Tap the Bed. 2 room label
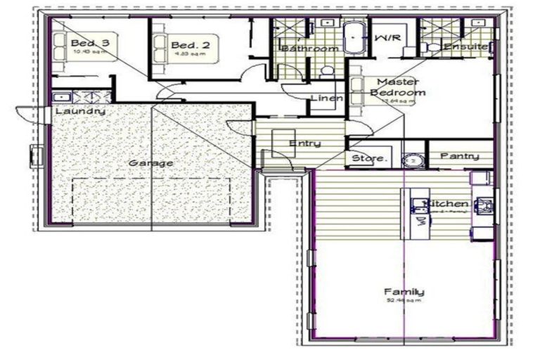pyautogui.click(x=186, y=44)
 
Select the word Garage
pyautogui.click(x=150, y=163)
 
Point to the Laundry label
pyautogui.click(x=79, y=111)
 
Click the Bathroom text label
pyautogui.click(x=310, y=49)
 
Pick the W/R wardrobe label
pyautogui.click(x=386, y=37)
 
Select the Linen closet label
pyautogui.click(x=326, y=98)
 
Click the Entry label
pyautogui.click(x=305, y=143)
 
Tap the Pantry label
pyautogui.click(x=460, y=156)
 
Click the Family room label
pyautogui.click(x=404, y=292)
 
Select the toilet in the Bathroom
pyautogui.click(x=326, y=71)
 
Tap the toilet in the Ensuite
pyautogui.click(x=432, y=47)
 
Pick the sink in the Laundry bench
pyautogui.click(x=60, y=97)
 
